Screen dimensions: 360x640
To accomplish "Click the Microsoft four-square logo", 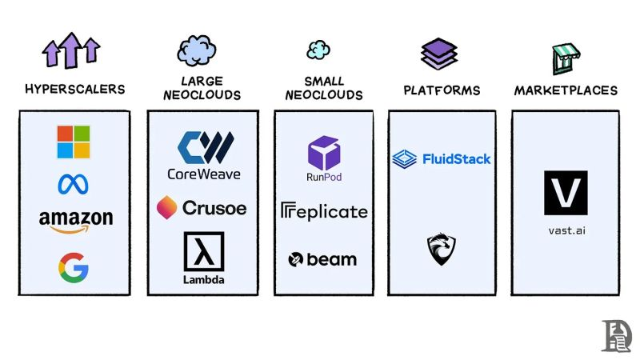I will click(74, 142).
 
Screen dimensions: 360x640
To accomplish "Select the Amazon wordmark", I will click(75, 218).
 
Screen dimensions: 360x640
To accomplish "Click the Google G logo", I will click(73, 267).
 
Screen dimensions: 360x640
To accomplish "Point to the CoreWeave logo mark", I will click(204, 146).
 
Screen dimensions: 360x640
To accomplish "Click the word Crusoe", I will click(214, 208).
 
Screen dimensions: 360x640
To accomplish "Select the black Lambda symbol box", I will click(204, 251).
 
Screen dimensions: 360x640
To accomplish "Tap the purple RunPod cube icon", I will click(324, 152).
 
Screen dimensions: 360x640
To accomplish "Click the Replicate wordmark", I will click(324, 211).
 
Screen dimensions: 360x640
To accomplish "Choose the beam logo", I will click(322, 259).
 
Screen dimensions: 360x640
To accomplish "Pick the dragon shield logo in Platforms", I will click(442, 250).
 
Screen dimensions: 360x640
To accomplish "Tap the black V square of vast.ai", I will click(566, 193).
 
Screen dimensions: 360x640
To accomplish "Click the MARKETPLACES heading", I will click(566, 90).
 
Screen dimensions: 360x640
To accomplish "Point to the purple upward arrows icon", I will click(72, 50).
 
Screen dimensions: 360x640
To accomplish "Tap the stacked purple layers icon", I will click(439, 54).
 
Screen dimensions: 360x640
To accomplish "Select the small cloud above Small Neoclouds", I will click(318, 50).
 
